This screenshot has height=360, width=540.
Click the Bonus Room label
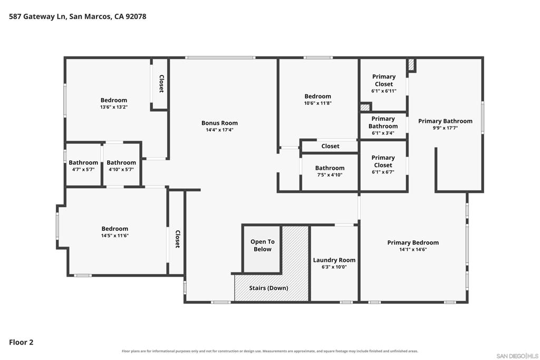(219, 123)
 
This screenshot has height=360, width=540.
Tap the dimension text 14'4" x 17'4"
(219, 130)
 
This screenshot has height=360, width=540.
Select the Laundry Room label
(334, 260)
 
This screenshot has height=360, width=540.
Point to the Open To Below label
(263, 246)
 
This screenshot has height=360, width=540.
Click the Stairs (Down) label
(268, 288)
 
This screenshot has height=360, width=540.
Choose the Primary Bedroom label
(413, 242)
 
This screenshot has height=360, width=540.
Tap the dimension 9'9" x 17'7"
(445, 128)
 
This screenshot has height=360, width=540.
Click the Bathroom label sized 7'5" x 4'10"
(330, 168)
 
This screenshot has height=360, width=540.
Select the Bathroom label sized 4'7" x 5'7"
(83, 162)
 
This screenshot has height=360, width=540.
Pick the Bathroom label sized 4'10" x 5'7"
(121, 162)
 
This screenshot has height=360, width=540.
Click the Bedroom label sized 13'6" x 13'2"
(114, 100)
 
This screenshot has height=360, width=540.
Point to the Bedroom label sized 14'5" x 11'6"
(114, 229)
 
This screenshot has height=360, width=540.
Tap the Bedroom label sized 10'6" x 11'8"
(317, 96)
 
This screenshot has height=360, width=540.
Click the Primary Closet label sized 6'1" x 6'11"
(384, 80)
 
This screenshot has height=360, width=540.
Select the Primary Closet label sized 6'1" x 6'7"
(383, 161)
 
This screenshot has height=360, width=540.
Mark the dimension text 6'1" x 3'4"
(383, 133)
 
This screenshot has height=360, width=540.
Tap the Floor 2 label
(21, 342)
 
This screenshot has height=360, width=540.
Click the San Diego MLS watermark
(517, 356)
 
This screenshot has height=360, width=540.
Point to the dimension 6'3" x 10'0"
(334, 267)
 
